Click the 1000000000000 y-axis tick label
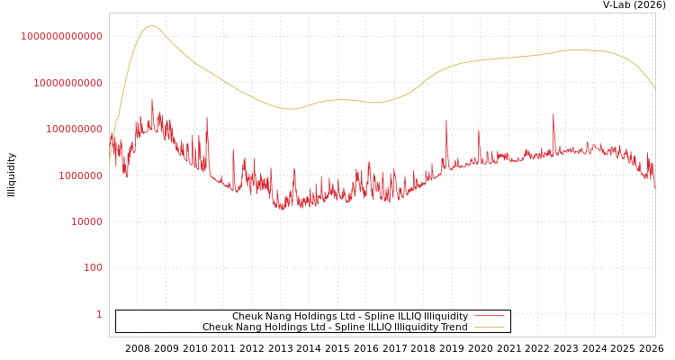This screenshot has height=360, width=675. pos(62,36)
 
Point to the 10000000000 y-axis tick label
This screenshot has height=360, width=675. pos(67,83)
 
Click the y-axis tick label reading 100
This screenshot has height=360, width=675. pos(93,268)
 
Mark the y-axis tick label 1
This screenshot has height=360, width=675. pos(99,314)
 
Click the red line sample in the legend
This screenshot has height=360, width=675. pos(489,317)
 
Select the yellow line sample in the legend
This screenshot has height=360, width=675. pos(489,328)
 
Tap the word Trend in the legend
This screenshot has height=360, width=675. pos(454,328)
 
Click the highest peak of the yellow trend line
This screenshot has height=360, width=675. pos(151,26)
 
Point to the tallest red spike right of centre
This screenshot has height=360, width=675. pos(553,114)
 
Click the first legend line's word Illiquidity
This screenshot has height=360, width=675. pos(446,317)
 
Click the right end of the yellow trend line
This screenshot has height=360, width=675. pos(654,87)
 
